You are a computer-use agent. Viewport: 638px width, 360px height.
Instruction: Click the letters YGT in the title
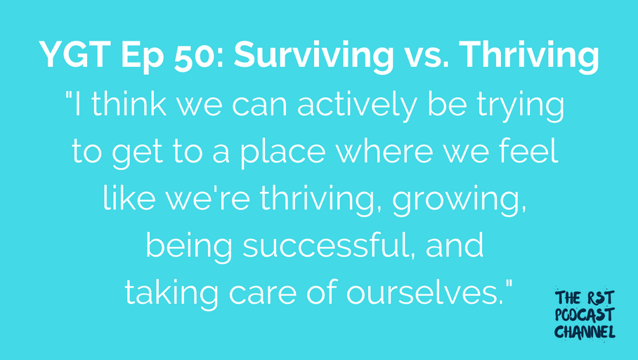tap(75, 55)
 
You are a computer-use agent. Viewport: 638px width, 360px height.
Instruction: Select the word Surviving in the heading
tap(313, 57)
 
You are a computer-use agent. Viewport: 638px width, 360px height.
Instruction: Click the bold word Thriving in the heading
tap(529, 57)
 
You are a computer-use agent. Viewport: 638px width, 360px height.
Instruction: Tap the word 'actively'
tap(357, 106)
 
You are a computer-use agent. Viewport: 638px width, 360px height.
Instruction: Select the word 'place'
tap(282, 153)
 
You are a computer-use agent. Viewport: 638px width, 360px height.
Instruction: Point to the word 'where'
tap(384, 151)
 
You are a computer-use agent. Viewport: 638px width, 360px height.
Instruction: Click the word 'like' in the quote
tap(129, 198)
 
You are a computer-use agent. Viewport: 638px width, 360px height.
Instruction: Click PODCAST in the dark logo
tap(585, 315)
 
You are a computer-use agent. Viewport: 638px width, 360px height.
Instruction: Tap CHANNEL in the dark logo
tap(585, 331)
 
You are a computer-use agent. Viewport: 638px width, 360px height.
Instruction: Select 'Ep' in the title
tap(143, 58)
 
